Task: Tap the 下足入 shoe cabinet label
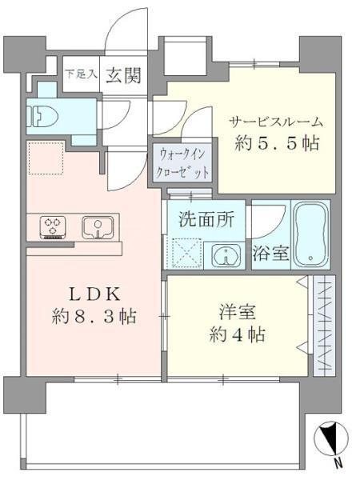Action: click(80, 75)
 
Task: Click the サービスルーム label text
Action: click(276, 122)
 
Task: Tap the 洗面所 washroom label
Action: click(206, 219)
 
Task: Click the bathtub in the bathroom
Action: click(311, 234)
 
